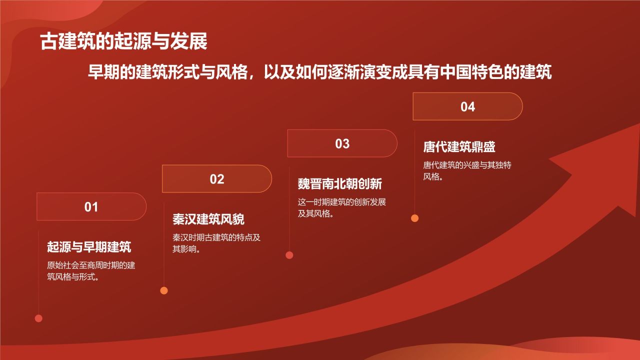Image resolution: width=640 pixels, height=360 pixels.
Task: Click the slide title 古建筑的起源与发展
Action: (123, 42)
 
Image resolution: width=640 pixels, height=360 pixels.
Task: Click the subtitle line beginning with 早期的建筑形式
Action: (320, 72)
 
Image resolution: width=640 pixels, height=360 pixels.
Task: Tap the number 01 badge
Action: (91, 206)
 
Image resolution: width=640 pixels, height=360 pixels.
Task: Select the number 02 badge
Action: (216, 179)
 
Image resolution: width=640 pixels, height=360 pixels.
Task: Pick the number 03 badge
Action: (342, 143)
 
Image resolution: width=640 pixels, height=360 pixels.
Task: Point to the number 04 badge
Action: (467, 106)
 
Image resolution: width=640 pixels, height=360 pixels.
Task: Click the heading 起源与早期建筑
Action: (89, 246)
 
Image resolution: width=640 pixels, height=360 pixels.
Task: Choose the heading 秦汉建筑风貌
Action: (208, 219)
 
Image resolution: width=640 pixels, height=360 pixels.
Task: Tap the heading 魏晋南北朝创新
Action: (340, 183)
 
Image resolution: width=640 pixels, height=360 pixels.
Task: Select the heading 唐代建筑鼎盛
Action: (459, 147)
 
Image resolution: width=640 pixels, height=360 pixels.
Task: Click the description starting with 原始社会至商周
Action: (91, 271)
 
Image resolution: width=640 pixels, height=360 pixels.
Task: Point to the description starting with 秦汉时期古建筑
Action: (216, 243)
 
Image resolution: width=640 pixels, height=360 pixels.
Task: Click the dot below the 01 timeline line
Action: (38, 318)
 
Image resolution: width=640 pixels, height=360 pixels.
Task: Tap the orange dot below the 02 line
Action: (164, 290)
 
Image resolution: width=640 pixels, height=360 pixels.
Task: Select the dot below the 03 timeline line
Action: (289, 255)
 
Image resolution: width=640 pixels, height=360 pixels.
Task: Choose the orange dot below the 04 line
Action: (414, 218)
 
